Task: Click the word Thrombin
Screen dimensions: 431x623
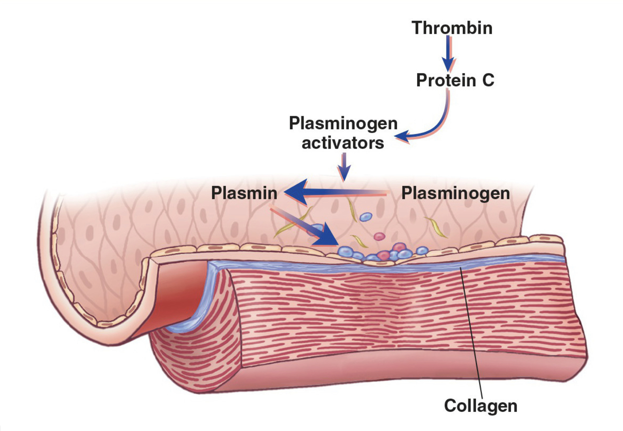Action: point(452,28)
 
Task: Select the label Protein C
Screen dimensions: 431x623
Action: point(455,81)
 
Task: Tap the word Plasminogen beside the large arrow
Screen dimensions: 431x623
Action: point(455,193)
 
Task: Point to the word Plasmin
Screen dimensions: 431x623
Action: point(244,193)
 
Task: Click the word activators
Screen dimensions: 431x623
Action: point(343,143)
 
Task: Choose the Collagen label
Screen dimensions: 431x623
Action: point(481,405)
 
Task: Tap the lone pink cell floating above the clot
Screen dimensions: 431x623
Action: point(379,237)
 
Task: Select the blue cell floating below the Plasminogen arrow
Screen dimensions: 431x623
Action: point(366,216)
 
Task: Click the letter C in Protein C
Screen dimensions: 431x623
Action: point(487,81)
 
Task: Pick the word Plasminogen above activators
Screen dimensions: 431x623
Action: point(343,124)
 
